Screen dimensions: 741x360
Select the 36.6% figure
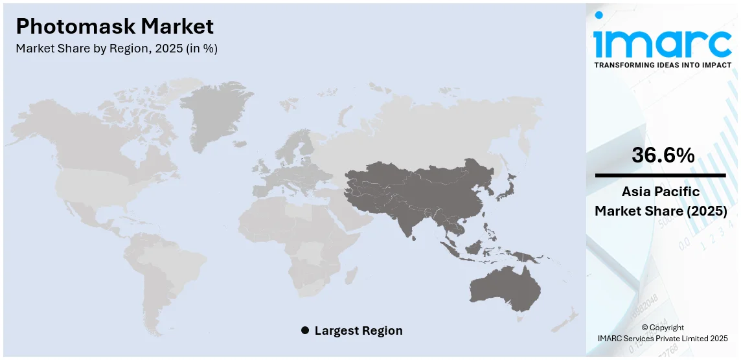pyautogui.click(x=661, y=155)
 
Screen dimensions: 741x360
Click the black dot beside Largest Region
pyautogui.click(x=305, y=331)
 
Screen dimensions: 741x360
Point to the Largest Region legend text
pyautogui.click(x=358, y=331)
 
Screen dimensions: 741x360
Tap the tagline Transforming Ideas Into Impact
pyautogui.click(x=662, y=65)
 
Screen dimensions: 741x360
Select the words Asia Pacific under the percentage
pyautogui.click(x=661, y=192)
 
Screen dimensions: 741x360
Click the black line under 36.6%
pyautogui.click(x=661, y=175)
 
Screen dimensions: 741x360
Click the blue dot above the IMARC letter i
pyautogui.click(x=598, y=15)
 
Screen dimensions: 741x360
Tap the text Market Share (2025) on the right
pyautogui.click(x=661, y=211)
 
